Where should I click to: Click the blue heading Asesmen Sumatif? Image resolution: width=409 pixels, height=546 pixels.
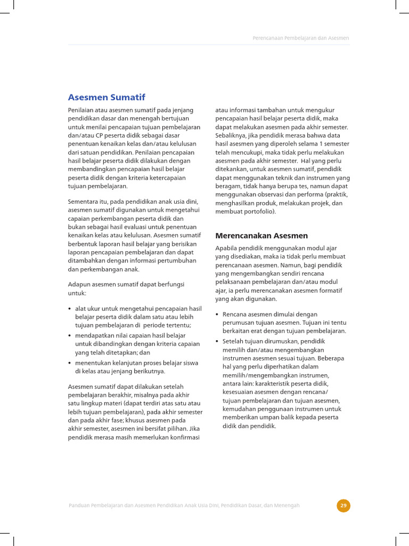(x=107, y=97)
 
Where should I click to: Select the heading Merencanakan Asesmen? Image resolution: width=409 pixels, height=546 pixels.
(x=261, y=235)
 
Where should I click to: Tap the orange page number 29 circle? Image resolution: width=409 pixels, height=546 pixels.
(x=343, y=505)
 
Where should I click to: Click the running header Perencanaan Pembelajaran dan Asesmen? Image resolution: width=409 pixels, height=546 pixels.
(x=300, y=38)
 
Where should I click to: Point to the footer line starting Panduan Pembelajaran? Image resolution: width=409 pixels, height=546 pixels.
(x=184, y=505)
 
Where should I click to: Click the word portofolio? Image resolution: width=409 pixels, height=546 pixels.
(x=257, y=212)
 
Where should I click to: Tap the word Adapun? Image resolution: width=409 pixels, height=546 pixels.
(x=79, y=285)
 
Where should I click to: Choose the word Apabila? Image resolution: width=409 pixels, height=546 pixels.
(x=227, y=248)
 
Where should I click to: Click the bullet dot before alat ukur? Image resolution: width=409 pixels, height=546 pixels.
(x=70, y=309)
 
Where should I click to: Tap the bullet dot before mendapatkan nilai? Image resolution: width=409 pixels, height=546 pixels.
(x=70, y=335)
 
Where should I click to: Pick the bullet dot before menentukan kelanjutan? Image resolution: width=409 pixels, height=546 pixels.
(x=70, y=363)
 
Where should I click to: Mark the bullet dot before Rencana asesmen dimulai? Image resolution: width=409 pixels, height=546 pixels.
(x=217, y=315)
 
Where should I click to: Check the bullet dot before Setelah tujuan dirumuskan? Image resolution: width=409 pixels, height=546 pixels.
(x=217, y=341)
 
